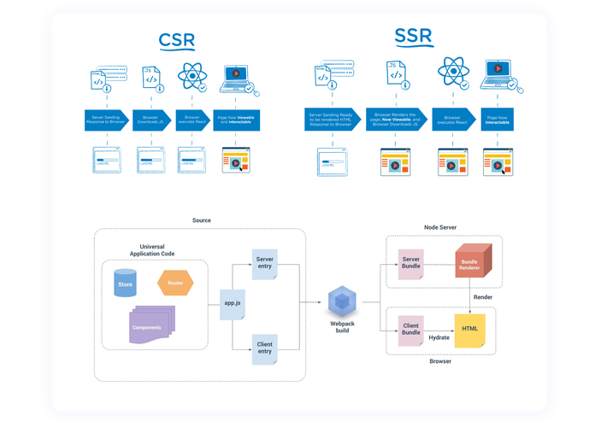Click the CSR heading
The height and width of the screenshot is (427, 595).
click(x=176, y=40)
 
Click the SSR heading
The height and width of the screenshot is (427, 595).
click(x=413, y=37)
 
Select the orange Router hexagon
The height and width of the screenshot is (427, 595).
click(x=175, y=282)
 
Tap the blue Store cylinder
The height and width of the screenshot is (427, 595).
click(x=125, y=284)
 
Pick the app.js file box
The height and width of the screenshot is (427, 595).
click(x=232, y=301)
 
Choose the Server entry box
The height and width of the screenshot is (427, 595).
click(x=265, y=264)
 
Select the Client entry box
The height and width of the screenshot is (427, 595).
click(x=265, y=348)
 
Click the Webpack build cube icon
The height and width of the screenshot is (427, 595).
click(x=342, y=301)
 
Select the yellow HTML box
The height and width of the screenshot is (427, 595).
click(x=469, y=330)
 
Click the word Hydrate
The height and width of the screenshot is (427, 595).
click(x=439, y=337)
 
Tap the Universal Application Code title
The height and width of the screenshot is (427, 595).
click(x=153, y=250)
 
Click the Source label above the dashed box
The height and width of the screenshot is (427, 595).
click(x=201, y=220)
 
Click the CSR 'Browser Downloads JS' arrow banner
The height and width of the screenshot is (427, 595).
click(x=152, y=119)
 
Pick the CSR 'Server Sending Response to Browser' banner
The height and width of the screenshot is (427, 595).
click(x=106, y=119)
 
